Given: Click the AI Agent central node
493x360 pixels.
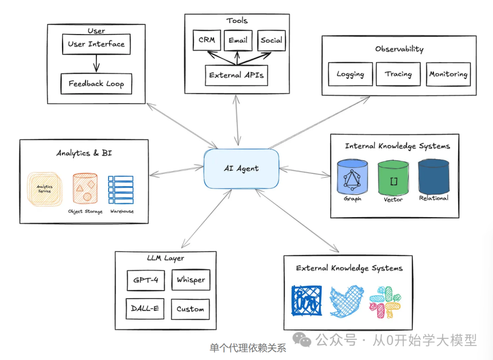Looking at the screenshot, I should (x=241, y=168).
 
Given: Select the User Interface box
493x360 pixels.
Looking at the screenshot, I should (x=96, y=44).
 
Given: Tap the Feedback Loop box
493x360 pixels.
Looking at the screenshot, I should (x=96, y=84).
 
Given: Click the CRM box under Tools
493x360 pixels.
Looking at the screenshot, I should (x=206, y=41).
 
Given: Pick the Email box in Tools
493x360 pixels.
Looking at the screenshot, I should (x=238, y=41).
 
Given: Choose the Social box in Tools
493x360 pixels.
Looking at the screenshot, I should (x=271, y=41).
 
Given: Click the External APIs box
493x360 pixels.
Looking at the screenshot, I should (x=236, y=75).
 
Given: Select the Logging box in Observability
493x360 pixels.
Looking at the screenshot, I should (x=350, y=74).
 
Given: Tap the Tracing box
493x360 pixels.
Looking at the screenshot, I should (x=398, y=74).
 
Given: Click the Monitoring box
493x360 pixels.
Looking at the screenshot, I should (x=448, y=74).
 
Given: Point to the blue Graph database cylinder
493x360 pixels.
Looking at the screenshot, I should (x=352, y=178).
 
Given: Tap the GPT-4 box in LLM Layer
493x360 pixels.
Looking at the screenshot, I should (x=146, y=280).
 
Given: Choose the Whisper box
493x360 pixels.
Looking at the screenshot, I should (x=191, y=280).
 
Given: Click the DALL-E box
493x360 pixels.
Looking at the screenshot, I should (x=145, y=309).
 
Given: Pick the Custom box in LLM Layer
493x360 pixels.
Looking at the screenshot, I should (x=190, y=309).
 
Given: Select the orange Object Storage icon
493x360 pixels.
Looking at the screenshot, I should (x=85, y=188).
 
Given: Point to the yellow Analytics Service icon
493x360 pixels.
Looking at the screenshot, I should (x=44, y=188).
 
